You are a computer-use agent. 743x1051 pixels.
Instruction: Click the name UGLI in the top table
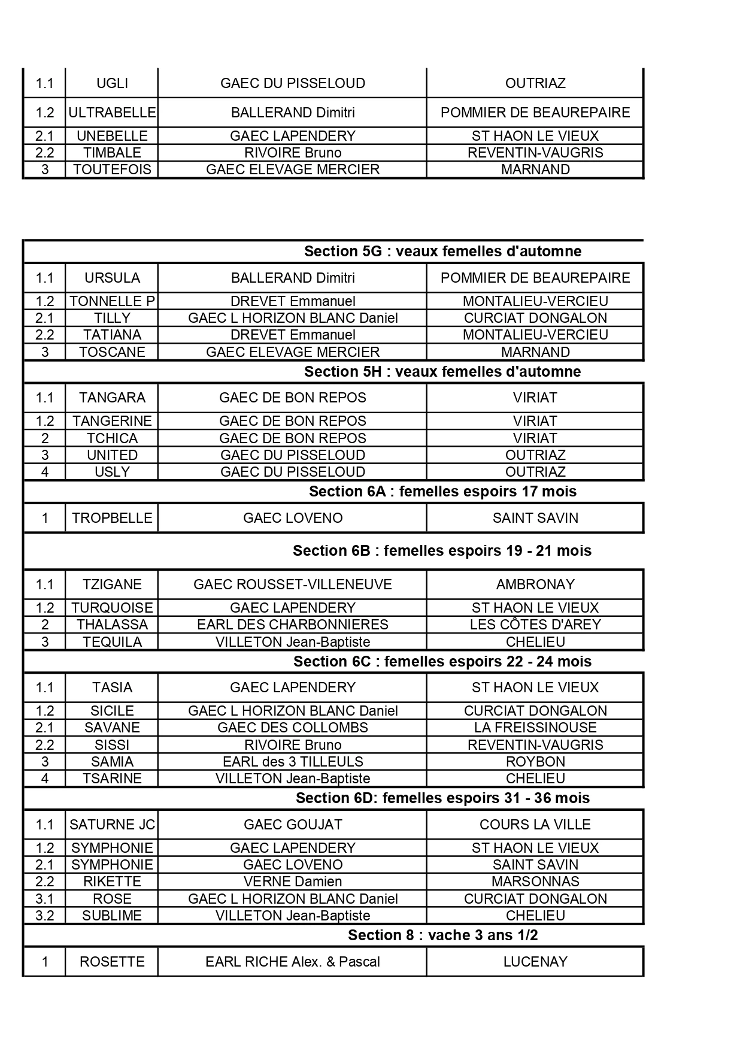[112, 83]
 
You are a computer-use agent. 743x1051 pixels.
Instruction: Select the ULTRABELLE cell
[112, 113]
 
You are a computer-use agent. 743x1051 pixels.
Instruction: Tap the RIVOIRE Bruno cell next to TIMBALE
[293, 153]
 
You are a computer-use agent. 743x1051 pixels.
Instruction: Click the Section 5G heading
[442, 251]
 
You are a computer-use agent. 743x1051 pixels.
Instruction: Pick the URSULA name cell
[112, 278]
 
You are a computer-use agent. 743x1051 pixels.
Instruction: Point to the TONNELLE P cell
[112, 301]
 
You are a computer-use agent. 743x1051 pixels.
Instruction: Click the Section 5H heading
[442, 371]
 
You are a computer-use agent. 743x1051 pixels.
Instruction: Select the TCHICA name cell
[112, 438]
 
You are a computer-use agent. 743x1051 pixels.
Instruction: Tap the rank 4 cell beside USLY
[45, 472]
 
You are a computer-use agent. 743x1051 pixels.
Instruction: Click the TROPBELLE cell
[112, 518]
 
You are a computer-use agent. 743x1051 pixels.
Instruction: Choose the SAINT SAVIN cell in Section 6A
[535, 518]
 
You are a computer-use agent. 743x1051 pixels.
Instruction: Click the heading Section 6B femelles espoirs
[442, 551]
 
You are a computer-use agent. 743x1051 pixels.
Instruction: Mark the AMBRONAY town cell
[535, 584]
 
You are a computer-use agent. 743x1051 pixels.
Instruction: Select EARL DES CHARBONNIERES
[293, 625]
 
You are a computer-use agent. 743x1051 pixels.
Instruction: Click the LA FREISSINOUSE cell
[535, 728]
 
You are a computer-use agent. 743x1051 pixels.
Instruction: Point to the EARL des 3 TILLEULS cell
[293, 762]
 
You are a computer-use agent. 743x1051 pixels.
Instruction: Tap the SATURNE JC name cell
[112, 825]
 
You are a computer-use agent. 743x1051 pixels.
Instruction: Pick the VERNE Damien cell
[293, 882]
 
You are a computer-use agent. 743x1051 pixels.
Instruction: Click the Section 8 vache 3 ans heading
[442, 935]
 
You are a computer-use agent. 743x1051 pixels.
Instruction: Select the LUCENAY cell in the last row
[535, 962]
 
